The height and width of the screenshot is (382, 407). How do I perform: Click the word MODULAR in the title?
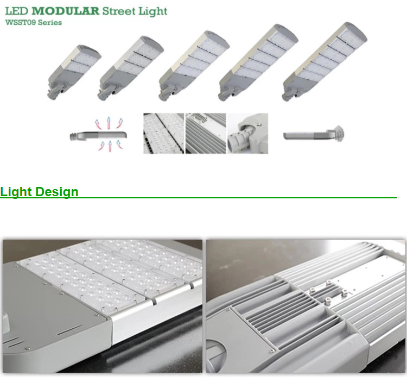tap(66, 11)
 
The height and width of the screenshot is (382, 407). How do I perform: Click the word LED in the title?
tap(17, 11)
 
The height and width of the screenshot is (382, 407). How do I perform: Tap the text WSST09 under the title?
tap(20, 22)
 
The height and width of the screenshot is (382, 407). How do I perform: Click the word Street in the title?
tap(119, 11)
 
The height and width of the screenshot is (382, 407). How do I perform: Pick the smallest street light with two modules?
tap(74, 72)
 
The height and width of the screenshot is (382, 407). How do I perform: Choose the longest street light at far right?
tap(325, 61)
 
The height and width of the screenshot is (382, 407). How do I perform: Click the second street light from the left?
tap(131, 68)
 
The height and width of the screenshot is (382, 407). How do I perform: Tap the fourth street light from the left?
tap(258, 62)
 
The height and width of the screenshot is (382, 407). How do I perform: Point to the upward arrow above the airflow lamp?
tap(109, 123)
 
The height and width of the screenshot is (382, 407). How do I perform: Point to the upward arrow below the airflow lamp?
tap(110, 146)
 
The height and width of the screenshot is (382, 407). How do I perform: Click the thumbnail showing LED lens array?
tap(163, 133)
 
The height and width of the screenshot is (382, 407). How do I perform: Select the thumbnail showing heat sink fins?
tap(206, 133)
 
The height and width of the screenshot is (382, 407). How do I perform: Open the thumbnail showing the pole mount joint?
tap(247, 133)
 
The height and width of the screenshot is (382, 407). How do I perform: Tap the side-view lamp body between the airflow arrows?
tap(98, 135)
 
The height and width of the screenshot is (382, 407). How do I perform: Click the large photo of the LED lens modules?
tap(103, 306)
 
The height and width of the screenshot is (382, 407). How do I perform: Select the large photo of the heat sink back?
tap(306, 306)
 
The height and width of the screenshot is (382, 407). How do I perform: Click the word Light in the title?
tap(153, 11)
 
